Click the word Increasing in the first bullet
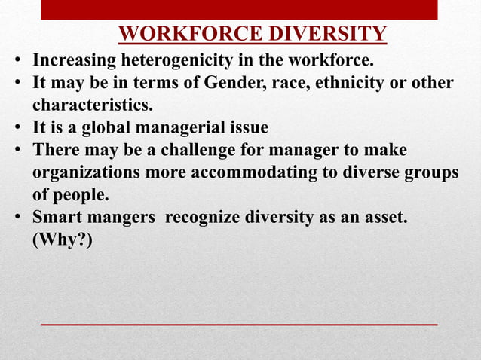[74, 59]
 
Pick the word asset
[385, 218]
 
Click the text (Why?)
[62, 241]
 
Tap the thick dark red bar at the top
[239, 9]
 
